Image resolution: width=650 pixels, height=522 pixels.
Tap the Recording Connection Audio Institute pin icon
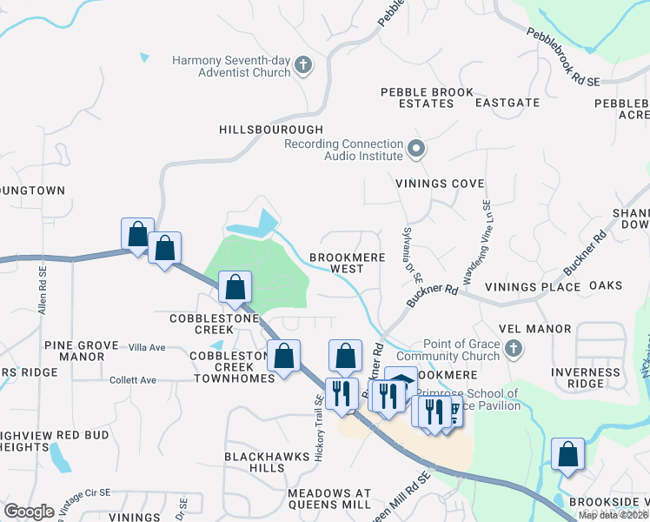415,149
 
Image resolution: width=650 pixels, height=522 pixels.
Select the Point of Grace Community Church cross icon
514,349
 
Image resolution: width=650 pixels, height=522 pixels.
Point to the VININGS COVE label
439,184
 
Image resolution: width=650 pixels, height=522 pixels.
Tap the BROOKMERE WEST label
348,264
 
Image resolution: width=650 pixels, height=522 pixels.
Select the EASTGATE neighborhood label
507,103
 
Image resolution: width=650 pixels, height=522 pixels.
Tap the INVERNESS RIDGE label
589,378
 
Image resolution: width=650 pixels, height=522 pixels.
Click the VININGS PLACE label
532,286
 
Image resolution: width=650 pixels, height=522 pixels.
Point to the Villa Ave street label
146,347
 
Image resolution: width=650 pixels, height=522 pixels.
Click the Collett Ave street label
133,379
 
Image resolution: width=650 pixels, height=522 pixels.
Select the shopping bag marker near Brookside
567,455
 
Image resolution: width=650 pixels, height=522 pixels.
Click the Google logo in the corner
30,512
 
